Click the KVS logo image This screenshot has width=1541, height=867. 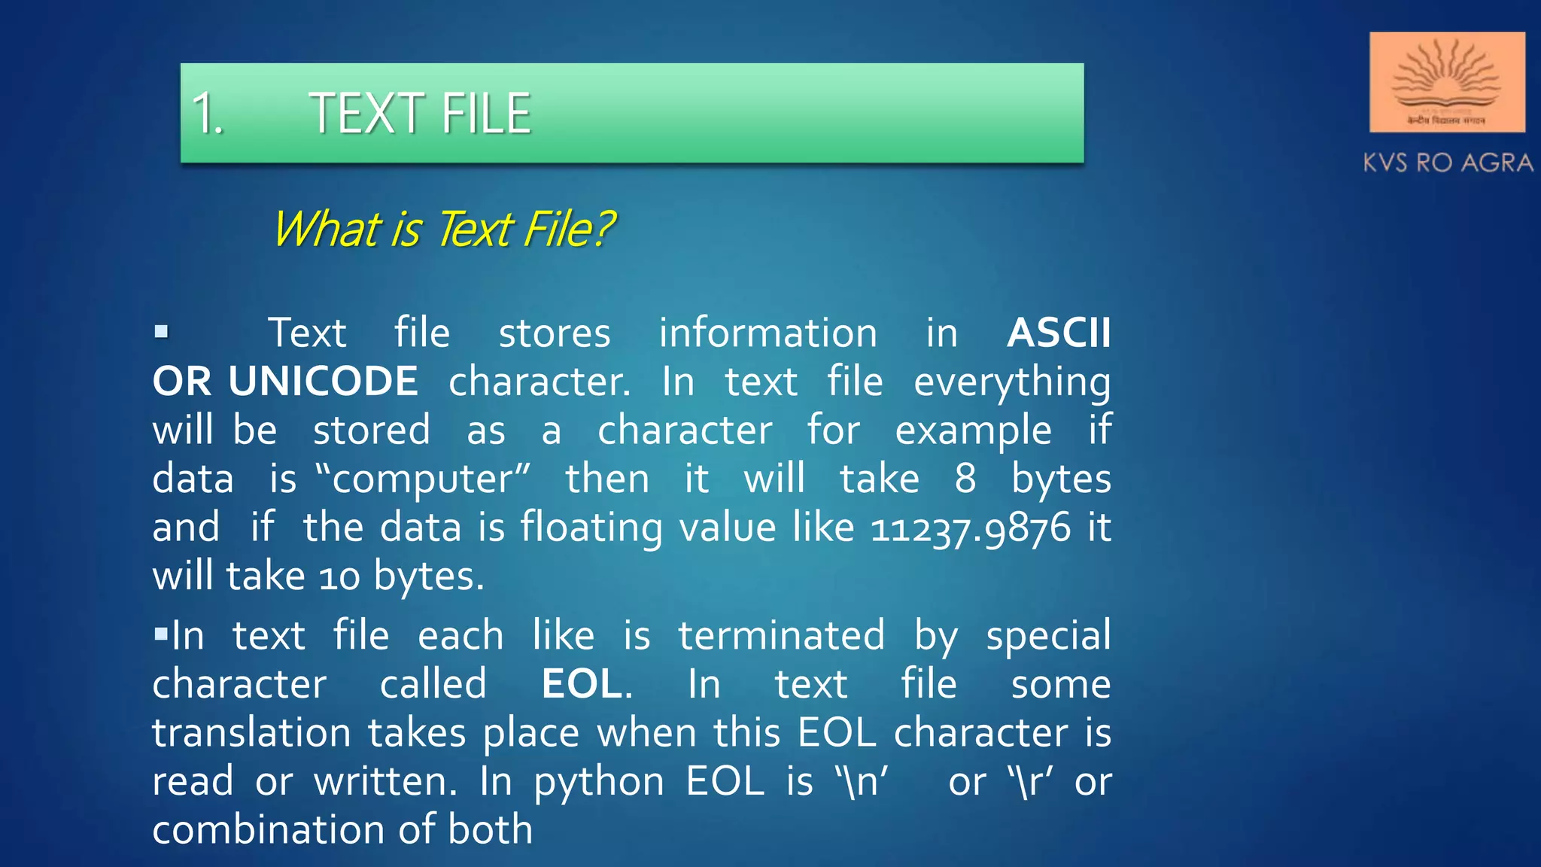point(1447,82)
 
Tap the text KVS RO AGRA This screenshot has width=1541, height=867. point(1448,163)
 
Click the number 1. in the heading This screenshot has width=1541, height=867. point(207,114)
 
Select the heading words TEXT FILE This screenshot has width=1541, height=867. point(420,114)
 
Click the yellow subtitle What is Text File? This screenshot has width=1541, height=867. point(444,229)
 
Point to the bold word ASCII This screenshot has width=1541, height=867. point(1059,333)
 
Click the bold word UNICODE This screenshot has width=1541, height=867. point(324,381)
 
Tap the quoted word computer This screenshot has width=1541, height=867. point(423,479)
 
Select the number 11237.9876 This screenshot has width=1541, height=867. point(971,528)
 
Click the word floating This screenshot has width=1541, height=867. point(591,528)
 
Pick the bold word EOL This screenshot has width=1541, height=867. point(582,684)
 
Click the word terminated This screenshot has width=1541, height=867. point(782,635)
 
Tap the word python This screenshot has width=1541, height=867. point(599,782)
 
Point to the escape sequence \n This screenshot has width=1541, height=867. point(862,781)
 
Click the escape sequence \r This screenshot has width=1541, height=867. point(1030,781)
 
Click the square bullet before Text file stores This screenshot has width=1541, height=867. point(161,331)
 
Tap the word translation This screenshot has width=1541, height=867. point(251,733)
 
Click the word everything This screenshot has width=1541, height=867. point(1012,382)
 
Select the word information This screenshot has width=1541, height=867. point(768,333)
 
